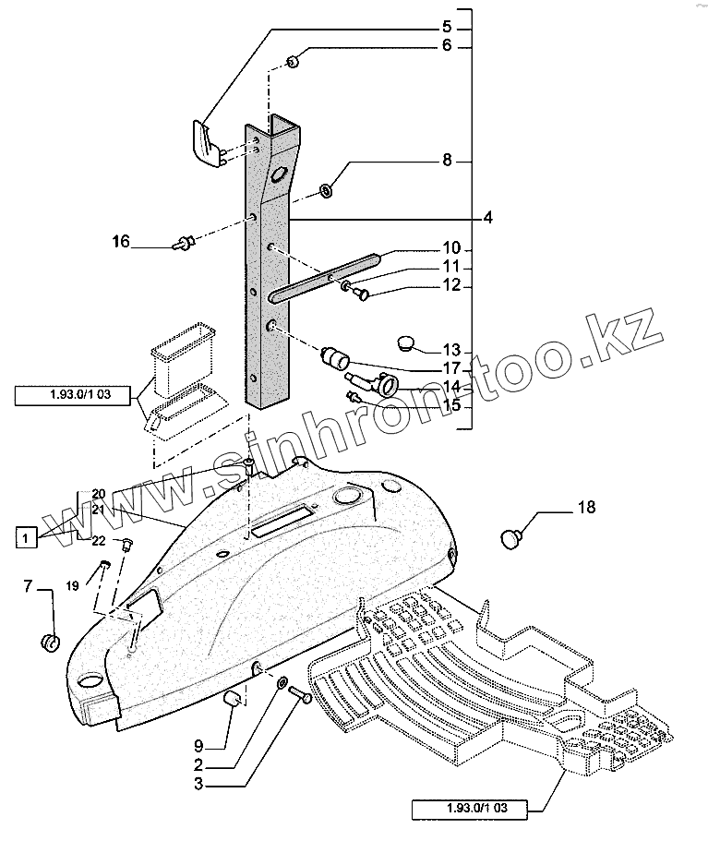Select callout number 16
(121, 243)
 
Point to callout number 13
(451, 351)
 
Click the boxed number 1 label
(27, 536)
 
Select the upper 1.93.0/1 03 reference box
(73, 397)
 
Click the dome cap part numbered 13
(407, 342)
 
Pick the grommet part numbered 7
(52, 641)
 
